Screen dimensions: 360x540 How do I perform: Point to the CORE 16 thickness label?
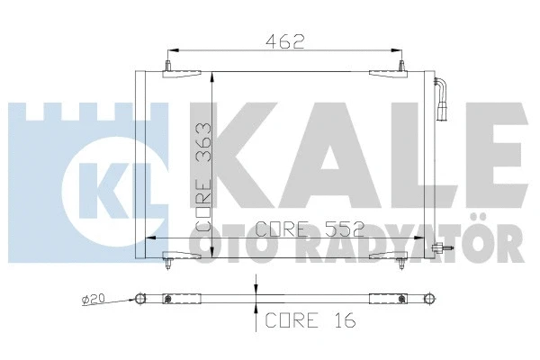point(309,319)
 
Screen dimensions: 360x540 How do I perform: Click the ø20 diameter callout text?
point(92,298)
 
